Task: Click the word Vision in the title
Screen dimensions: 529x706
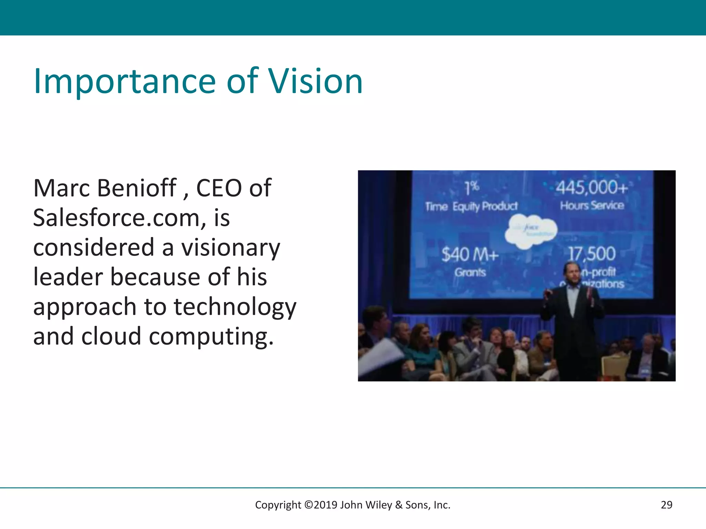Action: (315, 81)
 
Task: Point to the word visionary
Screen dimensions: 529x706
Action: (231, 248)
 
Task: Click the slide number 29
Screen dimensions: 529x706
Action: (666, 505)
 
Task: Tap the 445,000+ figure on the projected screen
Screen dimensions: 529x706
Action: (592, 188)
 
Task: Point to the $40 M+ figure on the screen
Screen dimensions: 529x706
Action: (470, 255)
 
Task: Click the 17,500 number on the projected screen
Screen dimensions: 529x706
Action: (592, 254)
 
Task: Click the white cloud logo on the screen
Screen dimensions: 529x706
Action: (531, 231)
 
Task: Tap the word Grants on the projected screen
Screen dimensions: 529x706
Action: (470, 272)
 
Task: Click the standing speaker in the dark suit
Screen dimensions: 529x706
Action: (572, 320)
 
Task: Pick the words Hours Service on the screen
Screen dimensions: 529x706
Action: (592, 206)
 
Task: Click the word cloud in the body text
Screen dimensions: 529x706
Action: (111, 337)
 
